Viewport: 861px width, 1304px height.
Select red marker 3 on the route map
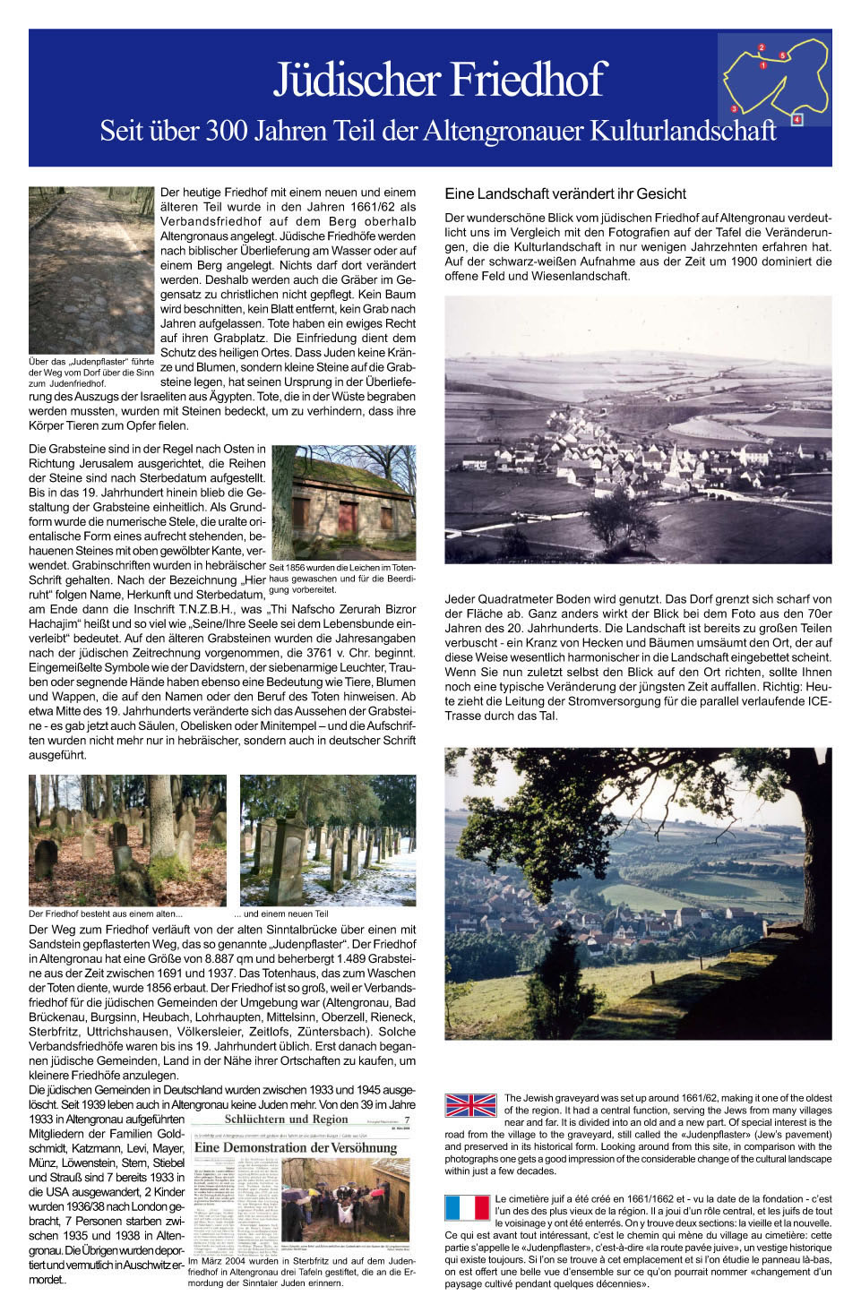pyautogui.click(x=735, y=108)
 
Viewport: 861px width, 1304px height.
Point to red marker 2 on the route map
pyautogui.click(x=762, y=47)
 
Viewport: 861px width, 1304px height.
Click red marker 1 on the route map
pyautogui.click(x=763, y=65)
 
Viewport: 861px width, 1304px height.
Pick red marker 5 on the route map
pyautogui.click(x=782, y=56)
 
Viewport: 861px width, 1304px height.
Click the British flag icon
pyautogui.click(x=470, y=1105)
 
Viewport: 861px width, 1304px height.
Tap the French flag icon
pyautogui.click(x=467, y=1207)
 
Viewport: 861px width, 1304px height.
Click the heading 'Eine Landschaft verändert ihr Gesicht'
pyautogui.click(x=565, y=193)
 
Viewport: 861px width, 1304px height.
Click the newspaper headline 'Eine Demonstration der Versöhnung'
pyautogui.click(x=296, y=1147)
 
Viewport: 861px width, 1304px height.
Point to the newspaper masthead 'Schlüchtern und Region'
pyautogui.click(x=286, y=1120)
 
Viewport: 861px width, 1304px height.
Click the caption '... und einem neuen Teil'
pyautogui.click(x=281, y=914)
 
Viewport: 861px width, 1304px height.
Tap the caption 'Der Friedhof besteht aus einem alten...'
pyautogui.click(x=105, y=914)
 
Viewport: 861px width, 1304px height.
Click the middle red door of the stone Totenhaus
pyautogui.click(x=347, y=518)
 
